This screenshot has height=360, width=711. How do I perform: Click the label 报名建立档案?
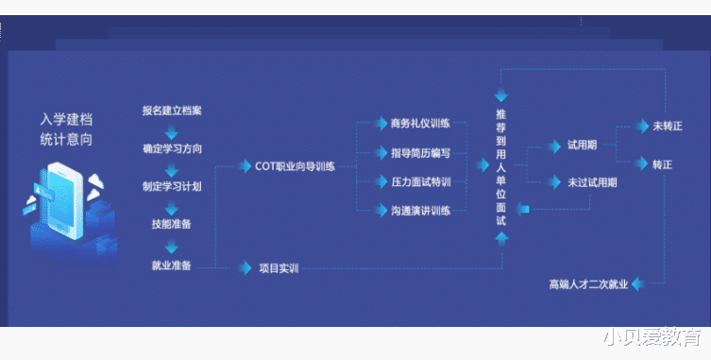tap(172, 111)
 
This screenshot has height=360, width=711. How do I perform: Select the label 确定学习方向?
tap(172, 149)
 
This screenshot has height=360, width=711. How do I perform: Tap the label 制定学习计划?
tap(172, 186)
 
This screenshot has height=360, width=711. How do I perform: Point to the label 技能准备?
tap(172, 224)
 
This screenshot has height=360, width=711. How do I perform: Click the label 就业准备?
tap(172, 266)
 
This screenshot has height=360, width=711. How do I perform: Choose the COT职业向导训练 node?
tap(295, 166)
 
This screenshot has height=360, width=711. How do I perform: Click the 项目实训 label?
tap(279, 268)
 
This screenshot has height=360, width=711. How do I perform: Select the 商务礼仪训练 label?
tap(420, 123)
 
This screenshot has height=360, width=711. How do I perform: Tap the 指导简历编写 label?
tap(420, 152)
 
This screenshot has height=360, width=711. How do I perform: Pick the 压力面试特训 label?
tap(420, 181)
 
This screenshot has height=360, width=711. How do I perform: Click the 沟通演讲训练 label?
tap(420, 210)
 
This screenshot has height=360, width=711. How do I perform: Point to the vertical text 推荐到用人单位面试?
tap(500, 166)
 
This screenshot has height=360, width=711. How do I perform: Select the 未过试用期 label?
tap(592, 182)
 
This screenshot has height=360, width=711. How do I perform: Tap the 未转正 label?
tap(667, 126)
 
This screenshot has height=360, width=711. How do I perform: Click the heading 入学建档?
tap(66, 120)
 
